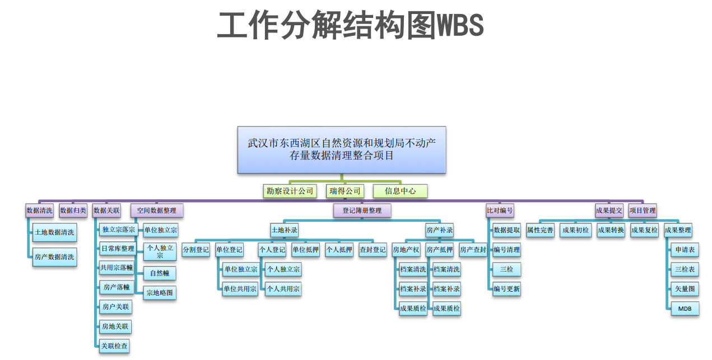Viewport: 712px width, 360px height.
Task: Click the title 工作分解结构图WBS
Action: click(350, 25)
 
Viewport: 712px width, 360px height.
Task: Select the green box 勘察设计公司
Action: click(290, 191)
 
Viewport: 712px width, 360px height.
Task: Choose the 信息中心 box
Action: click(400, 191)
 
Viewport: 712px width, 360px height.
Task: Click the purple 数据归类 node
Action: click(73, 211)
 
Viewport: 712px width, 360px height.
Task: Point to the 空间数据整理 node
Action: click(157, 211)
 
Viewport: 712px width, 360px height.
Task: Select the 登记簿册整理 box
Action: click(362, 211)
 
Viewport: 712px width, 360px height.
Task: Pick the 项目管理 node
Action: click(643, 211)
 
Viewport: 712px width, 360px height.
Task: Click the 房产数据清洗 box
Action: click(54, 257)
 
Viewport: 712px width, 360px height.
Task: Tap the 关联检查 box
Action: click(115, 346)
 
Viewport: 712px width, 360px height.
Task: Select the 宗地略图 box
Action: click(160, 292)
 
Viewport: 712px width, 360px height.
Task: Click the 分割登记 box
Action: click(196, 250)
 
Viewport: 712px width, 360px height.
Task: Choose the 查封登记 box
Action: click(373, 250)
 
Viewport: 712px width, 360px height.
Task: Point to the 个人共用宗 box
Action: click(283, 289)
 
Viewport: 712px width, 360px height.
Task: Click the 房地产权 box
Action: click(406, 250)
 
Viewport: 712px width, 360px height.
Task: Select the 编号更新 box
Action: click(506, 289)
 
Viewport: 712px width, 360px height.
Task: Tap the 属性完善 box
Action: click(540, 230)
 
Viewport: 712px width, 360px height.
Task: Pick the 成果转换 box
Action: click(611, 230)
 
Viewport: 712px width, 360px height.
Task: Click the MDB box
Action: click(685, 308)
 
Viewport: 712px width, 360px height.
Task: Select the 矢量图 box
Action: click(685, 289)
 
